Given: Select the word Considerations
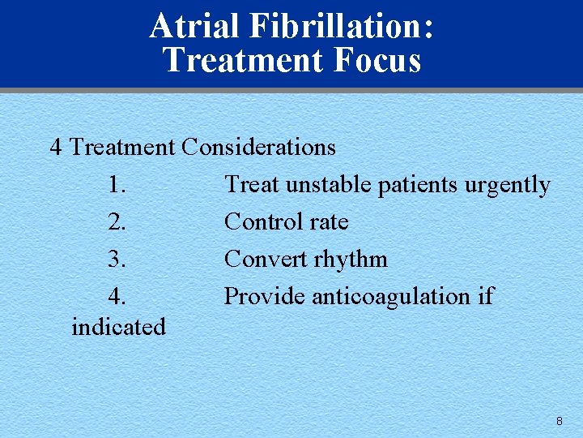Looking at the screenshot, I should tap(258, 147).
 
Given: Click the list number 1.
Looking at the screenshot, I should tap(117, 185).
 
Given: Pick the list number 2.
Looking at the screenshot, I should tap(117, 222).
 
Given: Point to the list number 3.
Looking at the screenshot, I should tap(117, 260).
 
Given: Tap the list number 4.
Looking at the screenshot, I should tap(117, 297).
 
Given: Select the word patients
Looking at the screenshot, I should tap(419, 185).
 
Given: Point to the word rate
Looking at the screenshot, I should tap(330, 222).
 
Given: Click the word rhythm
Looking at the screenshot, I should tap(351, 260).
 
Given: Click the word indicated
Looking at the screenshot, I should tap(118, 327).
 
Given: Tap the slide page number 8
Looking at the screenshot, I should tap(559, 421).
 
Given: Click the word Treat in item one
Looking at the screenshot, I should tap(248, 185).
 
